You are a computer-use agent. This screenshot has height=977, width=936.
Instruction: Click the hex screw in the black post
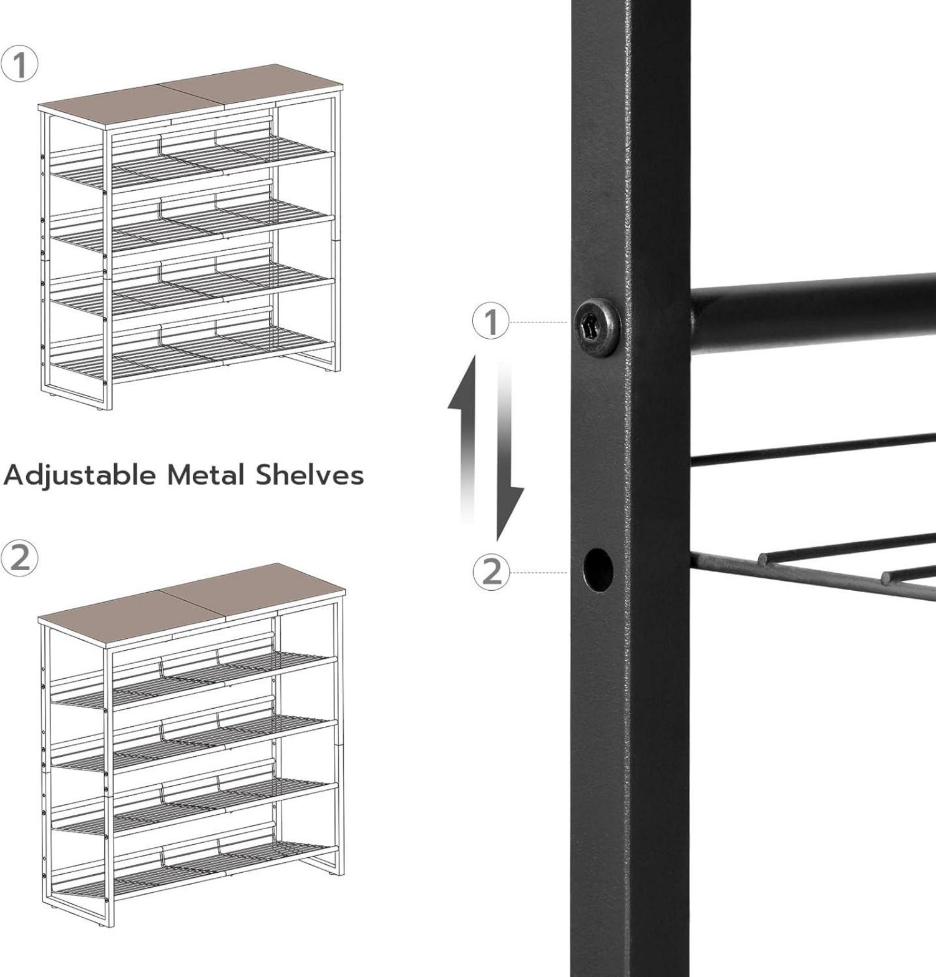pyautogui.click(x=597, y=326)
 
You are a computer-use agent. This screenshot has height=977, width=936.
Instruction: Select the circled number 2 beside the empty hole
pyautogui.click(x=492, y=571)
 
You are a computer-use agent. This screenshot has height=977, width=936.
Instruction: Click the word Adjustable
pyautogui.click(x=80, y=476)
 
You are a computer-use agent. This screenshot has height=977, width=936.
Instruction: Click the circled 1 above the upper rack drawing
pyautogui.click(x=19, y=65)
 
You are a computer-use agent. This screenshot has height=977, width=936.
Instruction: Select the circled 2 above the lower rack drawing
pyautogui.click(x=19, y=557)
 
